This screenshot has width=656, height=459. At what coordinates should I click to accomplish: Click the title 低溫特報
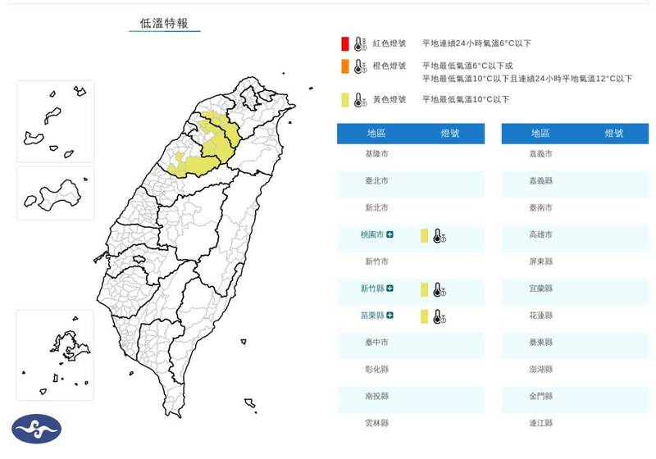(x=163, y=23)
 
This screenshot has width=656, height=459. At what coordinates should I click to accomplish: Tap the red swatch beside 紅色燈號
(x=346, y=43)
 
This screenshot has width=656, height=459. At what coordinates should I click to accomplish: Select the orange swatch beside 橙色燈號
(x=346, y=66)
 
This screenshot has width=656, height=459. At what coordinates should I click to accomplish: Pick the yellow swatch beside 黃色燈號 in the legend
(x=346, y=100)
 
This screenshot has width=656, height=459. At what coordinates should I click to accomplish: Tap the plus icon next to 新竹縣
(x=390, y=289)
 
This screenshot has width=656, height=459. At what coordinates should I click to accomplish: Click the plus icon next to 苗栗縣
(x=390, y=315)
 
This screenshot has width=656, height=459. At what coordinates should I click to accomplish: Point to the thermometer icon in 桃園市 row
(x=439, y=237)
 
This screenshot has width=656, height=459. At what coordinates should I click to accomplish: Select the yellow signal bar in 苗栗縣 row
(x=424, y=316)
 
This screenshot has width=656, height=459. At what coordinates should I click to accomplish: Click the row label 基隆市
(x=377, y=154)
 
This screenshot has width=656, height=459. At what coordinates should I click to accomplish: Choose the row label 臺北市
(x=377, y=181)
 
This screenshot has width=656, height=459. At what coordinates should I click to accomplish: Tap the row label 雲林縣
(x=377, y=423)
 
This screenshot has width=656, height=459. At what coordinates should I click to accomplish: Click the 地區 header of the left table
(x=377, y=133)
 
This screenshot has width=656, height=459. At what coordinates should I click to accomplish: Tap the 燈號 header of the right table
(x=614, y=133)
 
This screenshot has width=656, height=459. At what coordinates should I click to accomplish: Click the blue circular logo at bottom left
(x=36, y=429)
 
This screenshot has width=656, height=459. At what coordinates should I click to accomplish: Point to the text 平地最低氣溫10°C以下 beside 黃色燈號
(x=465, y=100)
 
